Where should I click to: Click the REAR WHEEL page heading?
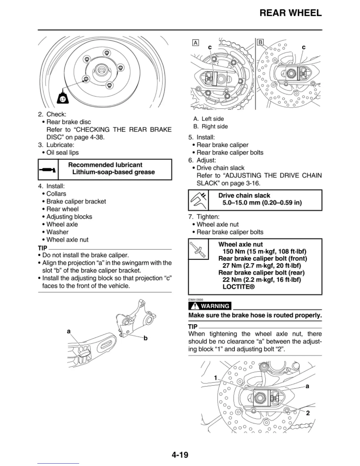290,13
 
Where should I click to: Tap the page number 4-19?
180,455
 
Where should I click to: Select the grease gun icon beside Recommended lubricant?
48,170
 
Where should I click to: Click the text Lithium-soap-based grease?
113,172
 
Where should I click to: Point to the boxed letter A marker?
195,43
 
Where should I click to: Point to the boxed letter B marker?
260,42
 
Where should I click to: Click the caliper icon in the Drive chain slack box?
198,200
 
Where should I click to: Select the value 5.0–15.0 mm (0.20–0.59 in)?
262,203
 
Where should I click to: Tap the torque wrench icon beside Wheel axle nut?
198,249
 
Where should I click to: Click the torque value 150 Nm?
232,252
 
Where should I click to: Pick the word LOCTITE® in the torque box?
238,287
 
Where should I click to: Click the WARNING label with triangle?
210,306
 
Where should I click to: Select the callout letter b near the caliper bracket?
145,338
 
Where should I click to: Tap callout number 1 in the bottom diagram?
216,378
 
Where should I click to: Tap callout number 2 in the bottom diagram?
308,413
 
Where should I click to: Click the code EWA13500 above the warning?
196,300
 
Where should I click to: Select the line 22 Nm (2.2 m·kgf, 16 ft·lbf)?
261,280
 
